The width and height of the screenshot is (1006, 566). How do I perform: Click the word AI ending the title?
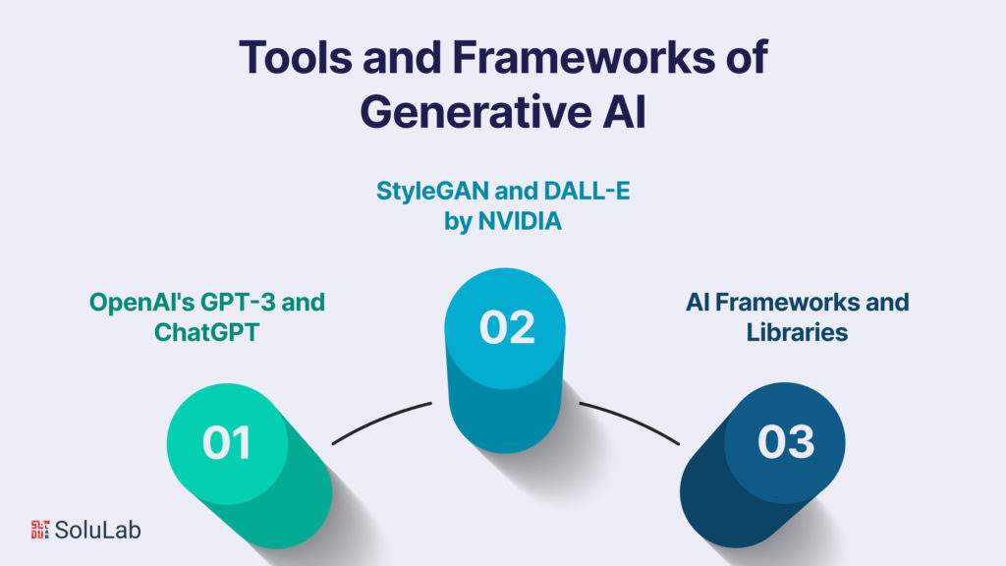click(623, 111)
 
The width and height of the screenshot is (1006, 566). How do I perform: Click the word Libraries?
click(797, 332)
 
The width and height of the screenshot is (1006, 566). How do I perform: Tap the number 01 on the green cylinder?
click(227, 443)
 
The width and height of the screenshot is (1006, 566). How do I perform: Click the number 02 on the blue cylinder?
click(507, 327)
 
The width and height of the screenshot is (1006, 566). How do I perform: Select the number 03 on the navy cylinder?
click(786, 442)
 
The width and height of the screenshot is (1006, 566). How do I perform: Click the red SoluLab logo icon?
click(40, 529)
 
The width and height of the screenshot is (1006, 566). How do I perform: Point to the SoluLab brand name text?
click(97, 530)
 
